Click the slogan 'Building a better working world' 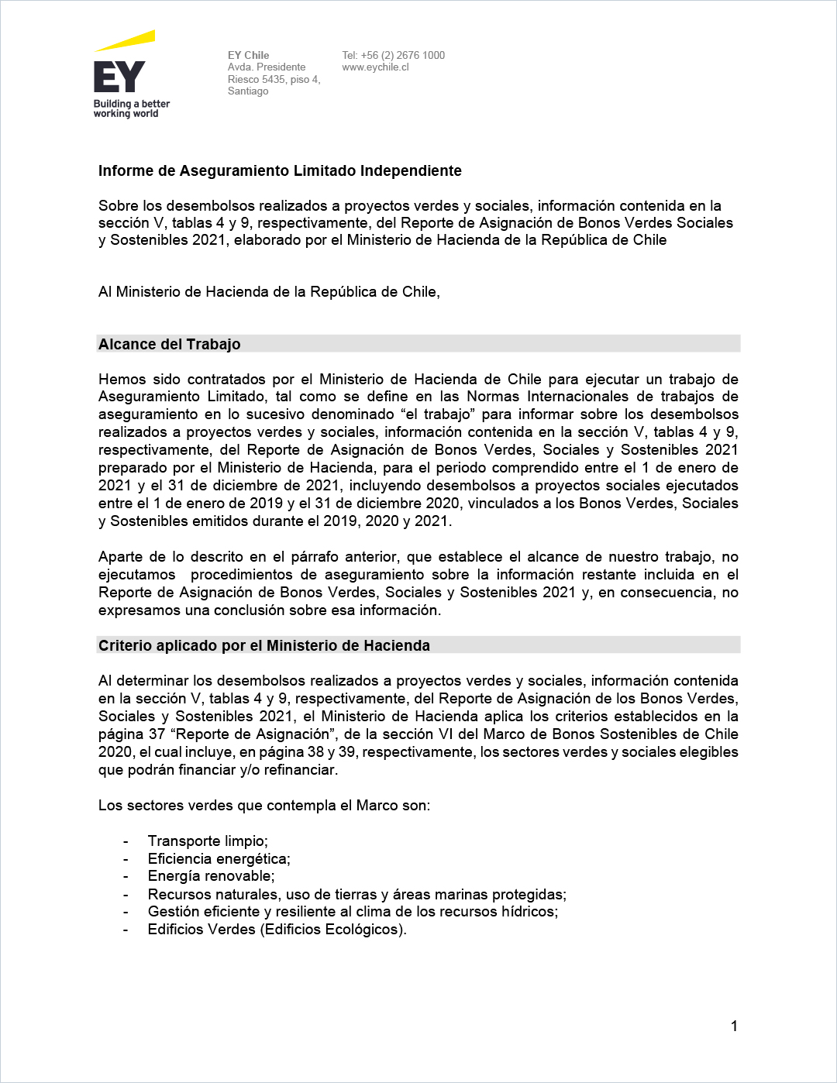pyautogui.click(x=131, y=108)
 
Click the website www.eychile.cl pyautogui.click(x=375, y=67)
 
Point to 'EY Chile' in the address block pyautogui.click(x=248, y=55)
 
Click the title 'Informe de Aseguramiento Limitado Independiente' pyautogui.click(x=280, y=171)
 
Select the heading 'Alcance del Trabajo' pyautogui.click(x=170, y=344)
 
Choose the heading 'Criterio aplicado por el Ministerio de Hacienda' pyautogui.click(x=264, y=645)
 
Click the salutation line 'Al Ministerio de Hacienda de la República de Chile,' pyautogui.click(x=269, y=292)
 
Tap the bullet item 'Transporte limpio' pyautogui.click(x=208, y=841)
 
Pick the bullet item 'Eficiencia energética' pyautogui.click(x=219, y=859)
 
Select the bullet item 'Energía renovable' pyautogui.click(x=211, y=876)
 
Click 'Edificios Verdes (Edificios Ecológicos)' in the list pyautogui.click(x=277, y=930)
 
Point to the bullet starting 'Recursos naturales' pyautogui.click(x=356, y=895)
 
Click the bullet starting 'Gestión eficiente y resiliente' pyautogui.click(x=353, y=912)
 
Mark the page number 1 pyautogui.click(x=734, y=1026)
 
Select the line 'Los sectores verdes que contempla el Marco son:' pyautogui.click(x=264, y=806)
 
